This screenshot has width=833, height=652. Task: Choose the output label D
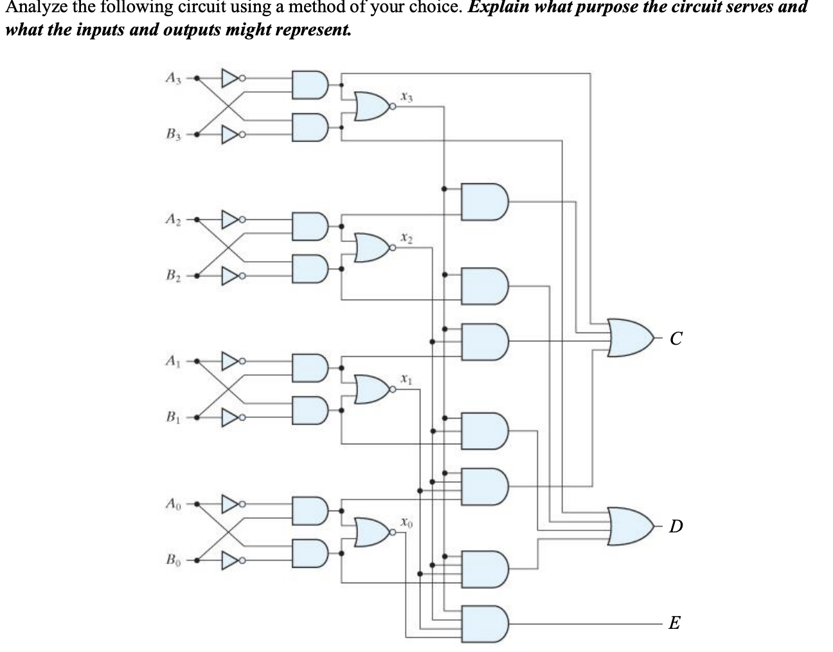(x=676, y=527)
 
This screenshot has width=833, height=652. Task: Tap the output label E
(x=674, y=622)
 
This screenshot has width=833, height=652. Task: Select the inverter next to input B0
(x=230, y=559)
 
